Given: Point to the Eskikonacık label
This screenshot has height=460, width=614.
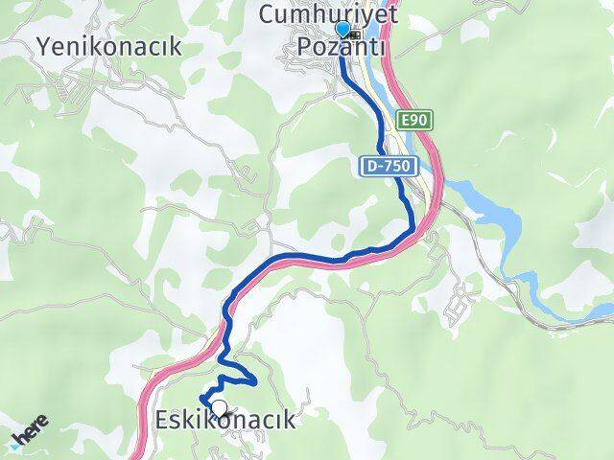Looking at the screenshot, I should pyautogui.click(x=224, y=422).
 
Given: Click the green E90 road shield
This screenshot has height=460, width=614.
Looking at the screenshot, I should pyautogui.click(x=415, y=120).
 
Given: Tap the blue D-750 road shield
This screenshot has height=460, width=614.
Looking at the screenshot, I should pyautogui.click(x=389, y=166).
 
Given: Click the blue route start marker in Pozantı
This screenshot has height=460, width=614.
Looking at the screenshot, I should pyautogui.click(x=342, y=30).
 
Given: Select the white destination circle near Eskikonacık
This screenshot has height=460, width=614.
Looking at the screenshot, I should pyautogui.click(x=219, y=409).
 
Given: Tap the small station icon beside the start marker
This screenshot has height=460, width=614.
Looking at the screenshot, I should pyautogui.click(x=356, y=34).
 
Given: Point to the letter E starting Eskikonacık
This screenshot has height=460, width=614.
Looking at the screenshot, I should pyautogui.click(x=163, y=422).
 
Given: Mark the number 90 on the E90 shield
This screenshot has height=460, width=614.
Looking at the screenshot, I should pyautogui.click(x=420, y=120).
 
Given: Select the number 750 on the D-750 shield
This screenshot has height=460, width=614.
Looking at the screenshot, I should pyautogui.click(x=396, y=166).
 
